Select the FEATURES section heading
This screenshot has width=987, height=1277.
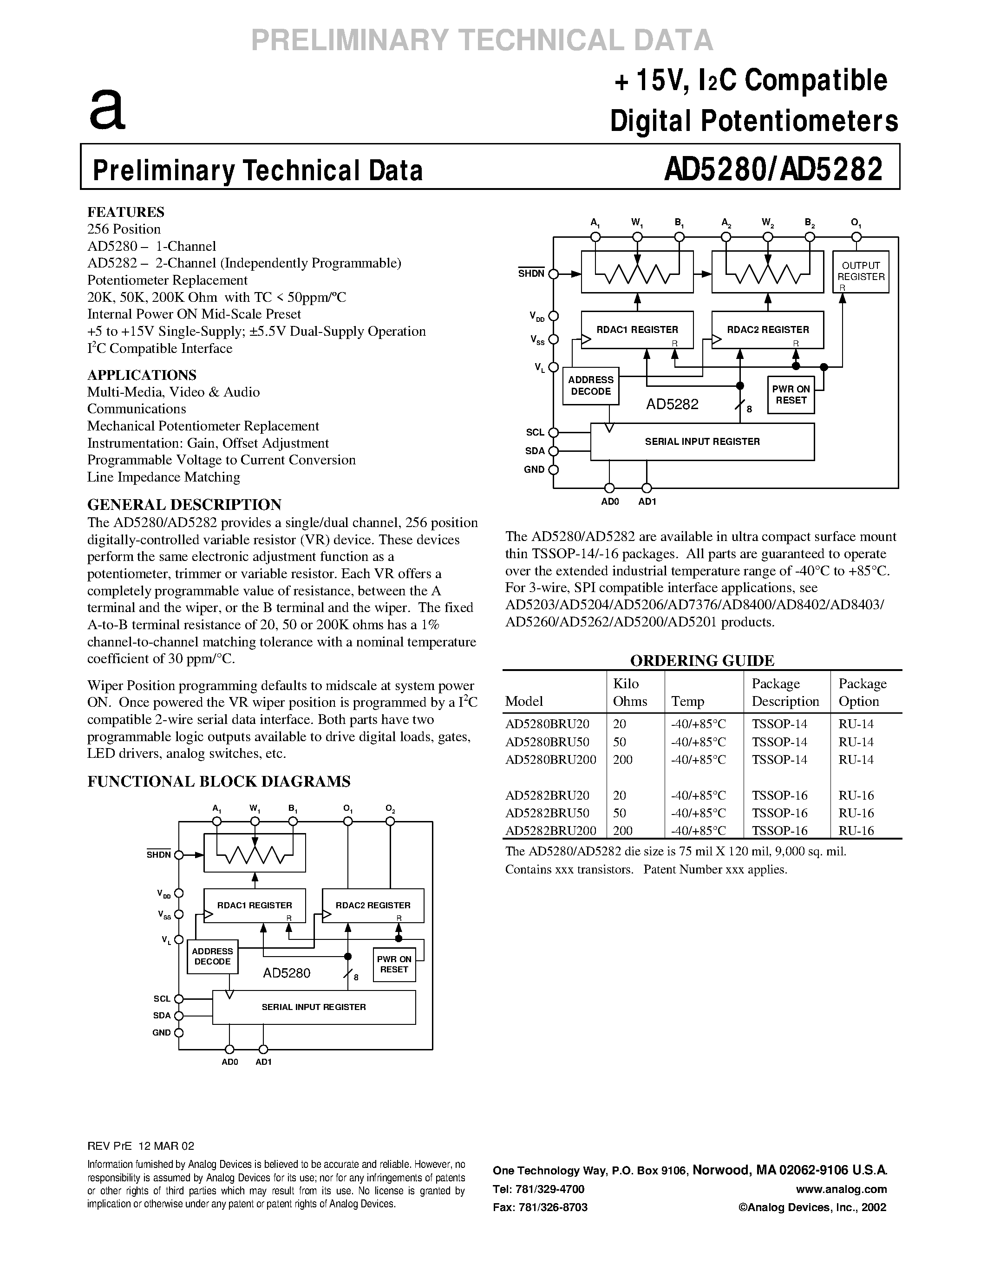(x=126, y=212)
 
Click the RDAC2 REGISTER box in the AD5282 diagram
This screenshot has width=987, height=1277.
(x=767, y=330)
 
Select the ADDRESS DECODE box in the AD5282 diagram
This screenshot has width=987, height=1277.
(x=590, y=386)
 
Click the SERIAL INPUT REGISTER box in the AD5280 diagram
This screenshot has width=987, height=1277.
(x=314, y=1007)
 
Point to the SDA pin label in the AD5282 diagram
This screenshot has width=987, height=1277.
(x=535, y=451)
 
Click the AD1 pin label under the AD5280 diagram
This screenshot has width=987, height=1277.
(x=264, y=1062)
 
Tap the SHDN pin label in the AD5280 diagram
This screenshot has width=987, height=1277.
(x=158, y=855)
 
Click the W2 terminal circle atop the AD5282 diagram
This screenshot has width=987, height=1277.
(x=768, y=237)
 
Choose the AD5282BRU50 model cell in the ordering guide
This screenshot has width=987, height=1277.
(x=547, y=813)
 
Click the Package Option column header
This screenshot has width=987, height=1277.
(x=863, y=692)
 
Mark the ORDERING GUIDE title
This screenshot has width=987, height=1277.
(x=702, y=661)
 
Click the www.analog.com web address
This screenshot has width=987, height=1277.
(x=842, y=1189)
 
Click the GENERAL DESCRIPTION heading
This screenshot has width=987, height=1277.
(x=184, y=505)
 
